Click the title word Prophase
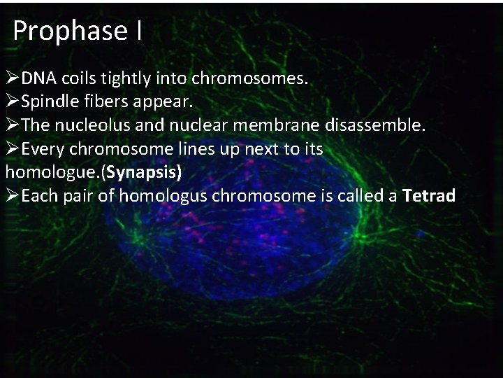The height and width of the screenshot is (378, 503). coord(69,31)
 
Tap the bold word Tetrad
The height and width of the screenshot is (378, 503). coord(429,196)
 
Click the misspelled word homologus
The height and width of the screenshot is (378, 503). coord(163,196)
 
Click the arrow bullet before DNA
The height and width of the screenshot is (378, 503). coord(13,78)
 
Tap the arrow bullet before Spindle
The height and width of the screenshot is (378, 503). coord(13,102)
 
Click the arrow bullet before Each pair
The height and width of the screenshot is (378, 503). coord(13,196)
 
